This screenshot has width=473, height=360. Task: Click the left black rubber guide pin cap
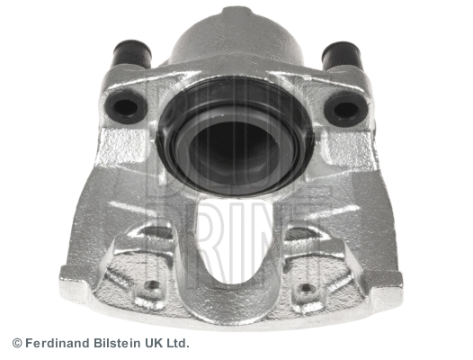[x=131, y=54]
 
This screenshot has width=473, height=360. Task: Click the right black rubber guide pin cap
[x=341, y=55]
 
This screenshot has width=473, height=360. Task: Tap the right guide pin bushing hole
[x=346, y=108]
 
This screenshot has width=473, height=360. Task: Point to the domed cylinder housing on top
[x=236, y=40]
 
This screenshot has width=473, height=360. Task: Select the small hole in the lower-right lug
[x=306, y=288]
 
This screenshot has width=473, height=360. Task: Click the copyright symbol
[x=17, y=343]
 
